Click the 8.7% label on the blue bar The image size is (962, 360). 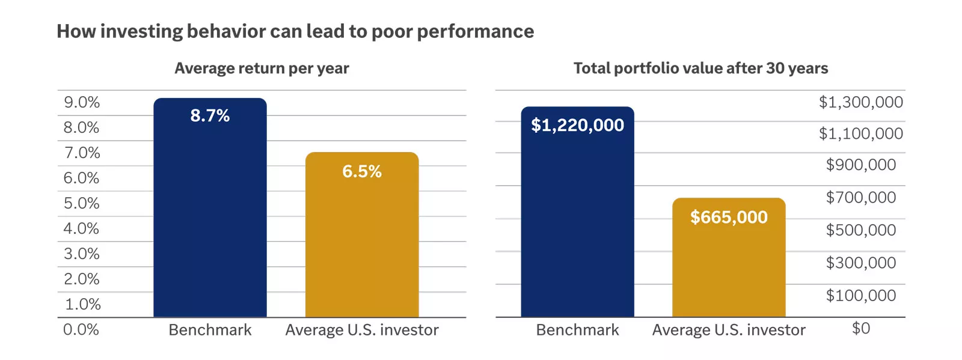210,115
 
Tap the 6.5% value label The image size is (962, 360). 362,171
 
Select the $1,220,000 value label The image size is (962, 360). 577,125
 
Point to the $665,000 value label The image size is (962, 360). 729,217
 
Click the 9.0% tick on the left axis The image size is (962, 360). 82,102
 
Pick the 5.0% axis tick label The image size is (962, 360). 82,203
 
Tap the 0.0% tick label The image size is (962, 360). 81,329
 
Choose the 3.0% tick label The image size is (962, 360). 82,254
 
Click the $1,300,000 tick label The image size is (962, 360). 860,102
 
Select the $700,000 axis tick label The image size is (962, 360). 860,197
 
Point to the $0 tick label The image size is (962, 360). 861,328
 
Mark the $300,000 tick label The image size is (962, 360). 860,263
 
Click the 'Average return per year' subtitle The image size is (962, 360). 262,69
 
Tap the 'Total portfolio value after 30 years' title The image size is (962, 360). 700,69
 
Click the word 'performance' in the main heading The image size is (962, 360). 475,31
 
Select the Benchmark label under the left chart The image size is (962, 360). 210,330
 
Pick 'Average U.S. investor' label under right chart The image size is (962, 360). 729,330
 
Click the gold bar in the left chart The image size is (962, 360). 362,252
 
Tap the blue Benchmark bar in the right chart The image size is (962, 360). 577,228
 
